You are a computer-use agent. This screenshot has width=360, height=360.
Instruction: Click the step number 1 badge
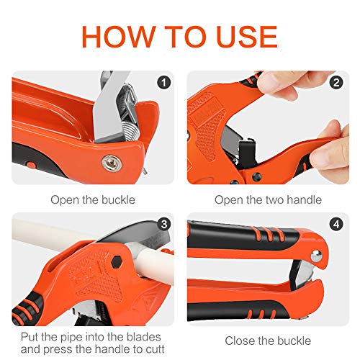(166, 82)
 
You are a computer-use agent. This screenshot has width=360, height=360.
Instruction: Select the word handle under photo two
(304, 199)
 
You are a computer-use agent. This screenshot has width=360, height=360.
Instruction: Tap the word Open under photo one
(63, 199)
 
